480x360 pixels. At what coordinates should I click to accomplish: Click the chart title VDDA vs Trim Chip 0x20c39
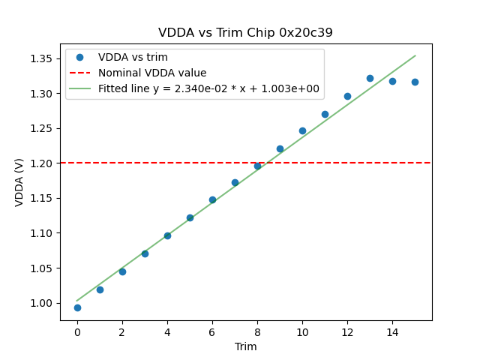[x=245, y=33]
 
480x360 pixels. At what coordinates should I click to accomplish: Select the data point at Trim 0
[x=77, y=307]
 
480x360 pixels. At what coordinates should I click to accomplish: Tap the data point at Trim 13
[x=370, y=78]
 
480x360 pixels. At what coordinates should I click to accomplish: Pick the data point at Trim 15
[x=415, y=82]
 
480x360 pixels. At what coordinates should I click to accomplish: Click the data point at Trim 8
[x=257, y=166]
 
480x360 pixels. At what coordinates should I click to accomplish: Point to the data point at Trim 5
[x=190, y=217]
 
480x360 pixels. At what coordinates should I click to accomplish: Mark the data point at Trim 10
[x=302, y=130]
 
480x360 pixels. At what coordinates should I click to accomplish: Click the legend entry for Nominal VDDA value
[x=152, y=73]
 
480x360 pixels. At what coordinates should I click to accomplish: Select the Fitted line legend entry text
[x=208, y=88]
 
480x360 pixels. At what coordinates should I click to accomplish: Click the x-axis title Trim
[x=245, y=346]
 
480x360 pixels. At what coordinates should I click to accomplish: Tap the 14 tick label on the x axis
[x=392, y=331]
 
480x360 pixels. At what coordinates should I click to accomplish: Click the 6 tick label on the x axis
[x=212, y=331]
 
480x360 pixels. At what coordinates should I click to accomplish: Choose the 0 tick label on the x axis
[x=77, y=331]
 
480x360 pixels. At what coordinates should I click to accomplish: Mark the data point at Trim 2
[x=122, y=271]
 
